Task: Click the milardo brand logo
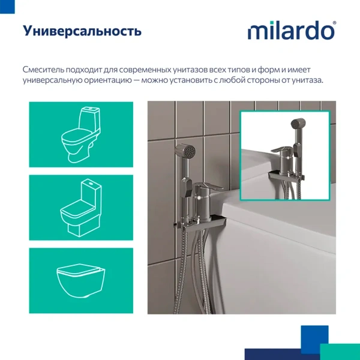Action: point(292,31)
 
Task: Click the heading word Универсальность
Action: point(82,31)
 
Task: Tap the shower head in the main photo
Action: point(185,154)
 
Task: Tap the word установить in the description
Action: point(188,80)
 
